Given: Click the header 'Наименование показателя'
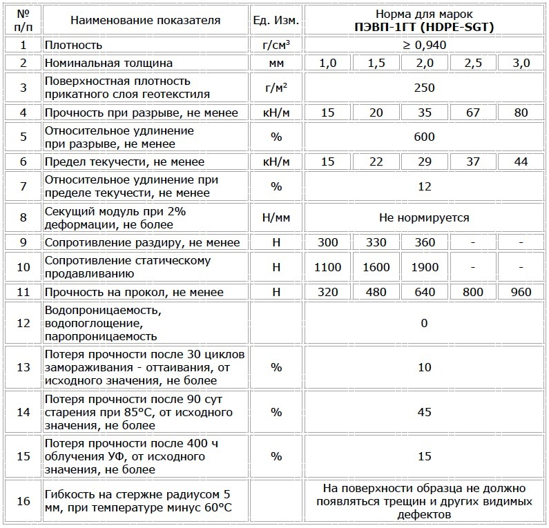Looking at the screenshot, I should click(145, 20).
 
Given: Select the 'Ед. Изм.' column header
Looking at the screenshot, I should click(276, 20).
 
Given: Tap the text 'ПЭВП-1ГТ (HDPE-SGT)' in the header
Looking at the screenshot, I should click(425, 27).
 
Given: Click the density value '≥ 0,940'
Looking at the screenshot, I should click(425, 45).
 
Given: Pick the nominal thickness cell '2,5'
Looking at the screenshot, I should click(473, 63).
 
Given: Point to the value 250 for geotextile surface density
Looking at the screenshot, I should click(425, 88).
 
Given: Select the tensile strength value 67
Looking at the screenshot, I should click(473, 113).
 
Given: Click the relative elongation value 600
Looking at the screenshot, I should click(425, 137).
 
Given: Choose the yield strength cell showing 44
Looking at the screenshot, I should click(521, 162).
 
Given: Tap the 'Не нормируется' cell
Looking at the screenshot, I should click(425, 217).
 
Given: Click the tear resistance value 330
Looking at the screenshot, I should click(376, 242).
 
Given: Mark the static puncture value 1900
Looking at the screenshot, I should click(425, 267).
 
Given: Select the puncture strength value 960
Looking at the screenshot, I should click(521, 292).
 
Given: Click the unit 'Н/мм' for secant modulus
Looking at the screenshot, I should click(276, 217).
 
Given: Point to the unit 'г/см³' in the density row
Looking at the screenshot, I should click(276, 45).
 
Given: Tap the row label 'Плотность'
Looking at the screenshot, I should click(73, 45).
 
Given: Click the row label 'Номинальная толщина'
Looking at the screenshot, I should click(108, 63).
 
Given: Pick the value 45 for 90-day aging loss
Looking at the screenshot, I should click(425, 412).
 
